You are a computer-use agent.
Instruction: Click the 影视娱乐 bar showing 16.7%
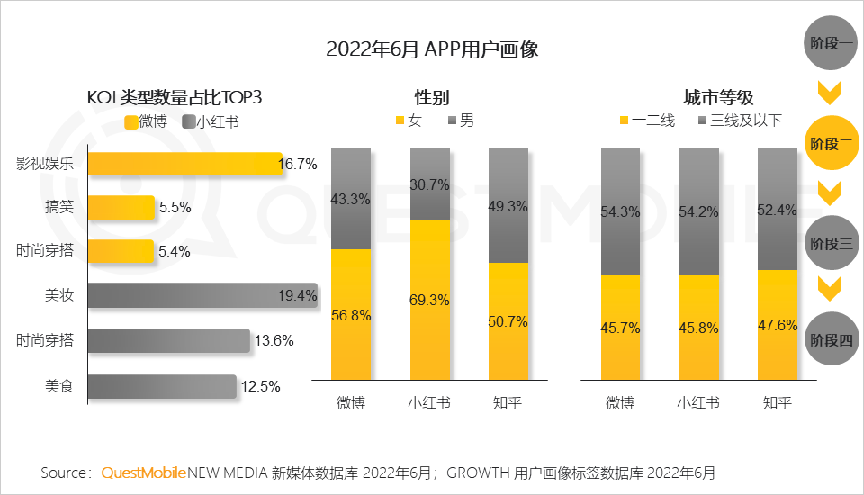click(x=184, y=165)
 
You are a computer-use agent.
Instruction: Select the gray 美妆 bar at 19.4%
click(x=202, y=295)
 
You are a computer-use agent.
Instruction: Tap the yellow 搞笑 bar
click(x=121, y=208)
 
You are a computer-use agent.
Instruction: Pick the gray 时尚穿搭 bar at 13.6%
click(x=168, y=340)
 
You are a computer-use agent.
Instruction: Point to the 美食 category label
click(x=59, y=386)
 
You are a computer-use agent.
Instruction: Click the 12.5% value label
click(x=260, y=386)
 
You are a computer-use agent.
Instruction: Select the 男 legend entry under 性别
click(x=460, y=121)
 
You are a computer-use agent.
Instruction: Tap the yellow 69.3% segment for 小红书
click(x=429, y=300)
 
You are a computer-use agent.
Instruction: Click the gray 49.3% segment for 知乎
click(x=508, y=205)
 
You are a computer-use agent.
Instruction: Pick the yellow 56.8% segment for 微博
click(x=350, y=314)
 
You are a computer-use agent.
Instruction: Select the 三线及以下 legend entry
click(x=739, y=121)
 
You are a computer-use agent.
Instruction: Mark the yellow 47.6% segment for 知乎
click(x=778, y=325)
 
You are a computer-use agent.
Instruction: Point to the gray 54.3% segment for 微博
click(x=620, y=211)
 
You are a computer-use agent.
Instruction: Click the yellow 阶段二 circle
click(x=832, y=143)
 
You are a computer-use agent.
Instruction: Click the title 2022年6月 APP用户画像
click(x=432, y=49)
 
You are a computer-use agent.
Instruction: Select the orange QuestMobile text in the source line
click(x=143, y=472)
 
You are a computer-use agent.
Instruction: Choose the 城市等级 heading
click(x=718, y=97)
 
